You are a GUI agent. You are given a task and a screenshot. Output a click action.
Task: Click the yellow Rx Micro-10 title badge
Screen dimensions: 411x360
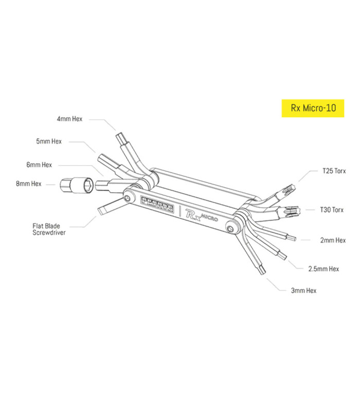[x=313, y=109]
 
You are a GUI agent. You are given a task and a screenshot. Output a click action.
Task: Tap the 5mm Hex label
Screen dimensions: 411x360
[x=49, y=141]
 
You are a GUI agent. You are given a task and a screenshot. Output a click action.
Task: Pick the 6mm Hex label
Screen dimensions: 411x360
[x=40, y=165]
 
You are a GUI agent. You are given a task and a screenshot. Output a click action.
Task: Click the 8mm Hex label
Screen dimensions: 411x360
[x=29, y=183]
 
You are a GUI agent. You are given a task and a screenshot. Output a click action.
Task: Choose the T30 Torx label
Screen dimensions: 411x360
[x=330, y=210]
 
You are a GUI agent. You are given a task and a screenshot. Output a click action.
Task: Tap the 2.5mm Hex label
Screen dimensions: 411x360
[x=323, y=268]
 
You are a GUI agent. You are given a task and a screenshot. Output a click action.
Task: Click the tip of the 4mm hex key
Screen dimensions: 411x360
[x=122, y=138]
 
